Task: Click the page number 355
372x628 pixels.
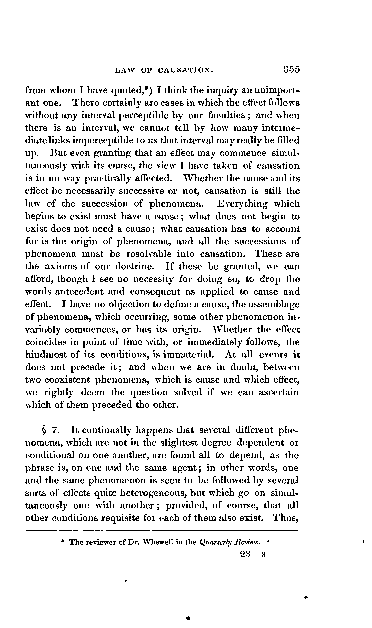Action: [x=291, y=69]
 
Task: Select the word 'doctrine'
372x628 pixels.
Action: [x=134, y=266]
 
